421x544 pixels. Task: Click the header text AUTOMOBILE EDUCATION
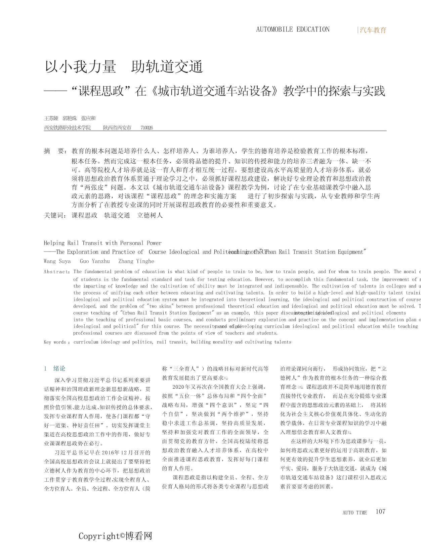(293, 30)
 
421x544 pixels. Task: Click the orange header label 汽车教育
(373, 30)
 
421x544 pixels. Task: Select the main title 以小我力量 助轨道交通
(124, 67)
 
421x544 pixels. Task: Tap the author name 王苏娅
(51, 118)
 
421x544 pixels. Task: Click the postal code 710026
(146, 128)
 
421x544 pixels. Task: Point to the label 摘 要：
(56, 151)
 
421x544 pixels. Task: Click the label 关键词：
(56, 215)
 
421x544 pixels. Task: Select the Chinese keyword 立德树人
(150, 215)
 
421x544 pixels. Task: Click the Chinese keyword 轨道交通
(117, 215)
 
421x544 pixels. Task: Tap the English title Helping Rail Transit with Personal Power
(102, 243)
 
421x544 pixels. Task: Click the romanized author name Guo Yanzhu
(95, 261)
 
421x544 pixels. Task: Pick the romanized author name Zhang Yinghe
(136, 261)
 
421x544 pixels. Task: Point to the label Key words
(55, 342)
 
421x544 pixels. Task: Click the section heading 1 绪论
(55, 369)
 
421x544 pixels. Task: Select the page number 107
(380, 511)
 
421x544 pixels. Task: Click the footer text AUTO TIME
(354, 512)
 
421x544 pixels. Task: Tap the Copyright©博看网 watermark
(115, 536)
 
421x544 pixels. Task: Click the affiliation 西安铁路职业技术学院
(68, 128)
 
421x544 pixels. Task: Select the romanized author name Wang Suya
(57, 261)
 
